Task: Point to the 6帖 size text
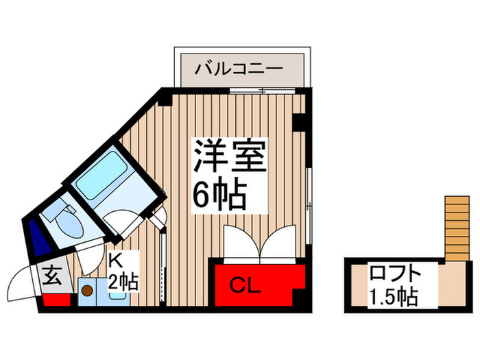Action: click(219, 196)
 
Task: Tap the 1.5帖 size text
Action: click(393, 296)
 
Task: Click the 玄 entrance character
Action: click(52, 278)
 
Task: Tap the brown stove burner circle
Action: click(88, 290)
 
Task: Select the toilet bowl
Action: click(67, 221)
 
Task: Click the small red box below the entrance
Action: click(56, 299)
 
